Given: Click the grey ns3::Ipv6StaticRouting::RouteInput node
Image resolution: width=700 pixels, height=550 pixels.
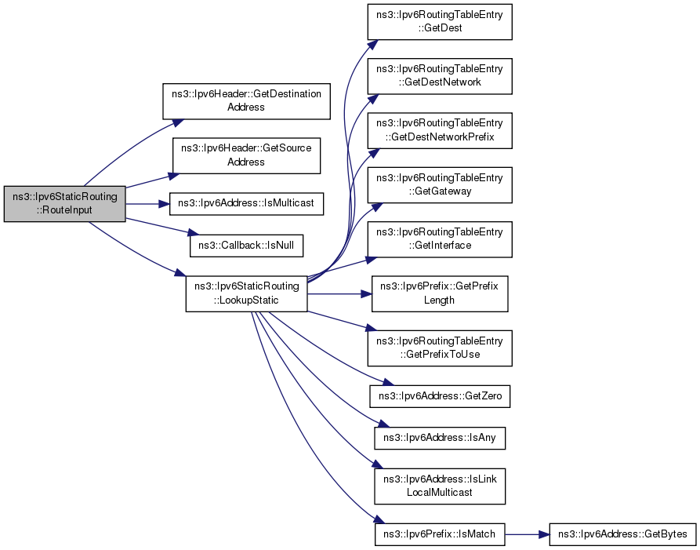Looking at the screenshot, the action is [65, 204].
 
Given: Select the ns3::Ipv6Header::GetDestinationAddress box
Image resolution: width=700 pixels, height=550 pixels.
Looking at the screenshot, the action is [246, 101].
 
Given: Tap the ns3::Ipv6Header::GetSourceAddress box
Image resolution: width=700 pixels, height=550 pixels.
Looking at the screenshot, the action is [246, 155].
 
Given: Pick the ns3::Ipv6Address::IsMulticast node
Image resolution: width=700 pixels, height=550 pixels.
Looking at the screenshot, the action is [246, 204].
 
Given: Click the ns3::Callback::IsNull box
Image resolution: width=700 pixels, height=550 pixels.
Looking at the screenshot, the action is [246, 246].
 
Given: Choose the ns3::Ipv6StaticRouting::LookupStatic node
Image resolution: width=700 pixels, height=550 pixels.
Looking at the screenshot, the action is [246, 294].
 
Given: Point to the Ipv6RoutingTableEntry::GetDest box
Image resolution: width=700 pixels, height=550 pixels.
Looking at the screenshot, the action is [440, 22].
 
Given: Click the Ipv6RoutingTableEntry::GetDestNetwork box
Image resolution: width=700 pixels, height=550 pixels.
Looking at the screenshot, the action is [440, 76].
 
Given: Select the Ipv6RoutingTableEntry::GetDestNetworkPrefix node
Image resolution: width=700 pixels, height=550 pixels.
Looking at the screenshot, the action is [440, 130].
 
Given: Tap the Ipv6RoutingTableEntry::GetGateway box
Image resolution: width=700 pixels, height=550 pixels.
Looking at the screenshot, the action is [440, 185].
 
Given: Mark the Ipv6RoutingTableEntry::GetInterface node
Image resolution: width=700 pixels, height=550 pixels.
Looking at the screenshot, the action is [440, 239].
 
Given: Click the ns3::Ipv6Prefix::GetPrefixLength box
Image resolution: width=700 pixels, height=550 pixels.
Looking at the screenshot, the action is [440, 294].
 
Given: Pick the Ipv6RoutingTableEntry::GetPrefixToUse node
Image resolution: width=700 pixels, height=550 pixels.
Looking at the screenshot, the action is [440, 348].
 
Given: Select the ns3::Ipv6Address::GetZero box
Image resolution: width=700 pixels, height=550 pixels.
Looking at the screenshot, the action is [440, 396].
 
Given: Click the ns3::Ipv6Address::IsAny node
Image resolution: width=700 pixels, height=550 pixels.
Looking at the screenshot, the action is [440, 438].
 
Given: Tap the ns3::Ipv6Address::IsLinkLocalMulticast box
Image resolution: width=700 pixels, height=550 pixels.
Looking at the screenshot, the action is [440, 486].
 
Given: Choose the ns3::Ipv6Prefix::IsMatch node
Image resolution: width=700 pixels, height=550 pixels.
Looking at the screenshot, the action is [440, 534].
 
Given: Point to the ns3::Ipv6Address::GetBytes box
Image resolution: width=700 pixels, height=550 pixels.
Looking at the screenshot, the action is [622, 534].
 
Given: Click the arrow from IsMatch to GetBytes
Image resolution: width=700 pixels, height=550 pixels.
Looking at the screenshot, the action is [528, 534].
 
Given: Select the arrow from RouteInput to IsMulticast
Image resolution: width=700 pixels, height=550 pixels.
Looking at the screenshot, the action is [148, 204].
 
